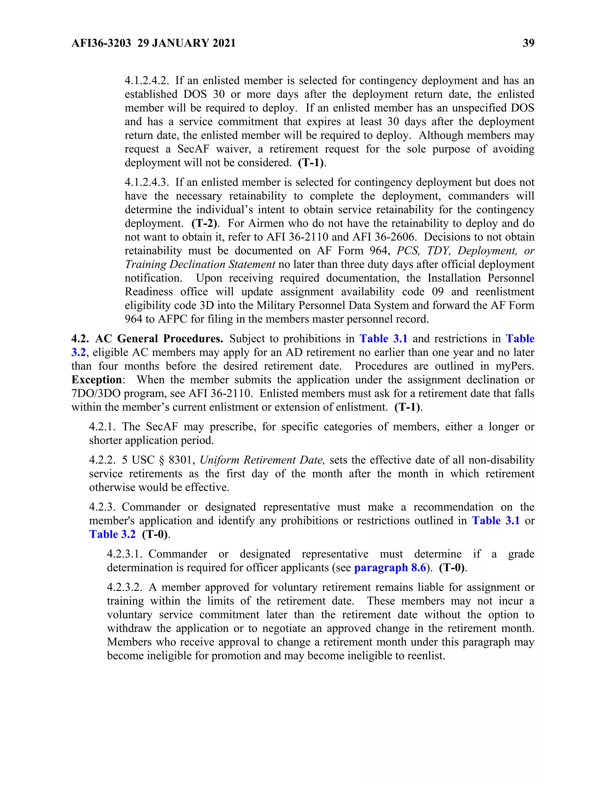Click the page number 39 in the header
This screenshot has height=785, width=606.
click(x=528, y=43)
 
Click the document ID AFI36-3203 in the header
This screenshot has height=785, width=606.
click(x=101, y=43)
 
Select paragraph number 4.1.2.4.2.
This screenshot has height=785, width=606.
click(x=146, y=81)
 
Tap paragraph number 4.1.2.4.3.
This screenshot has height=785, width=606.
click(x=146, y=182)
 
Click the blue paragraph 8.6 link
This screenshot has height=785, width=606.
click(x=390, y=568)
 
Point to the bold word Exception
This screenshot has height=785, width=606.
click(x=96, y=379)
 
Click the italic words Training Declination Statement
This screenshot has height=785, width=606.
click(x=200, y=264)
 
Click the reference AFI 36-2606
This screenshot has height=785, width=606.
click(x=384, y=237)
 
